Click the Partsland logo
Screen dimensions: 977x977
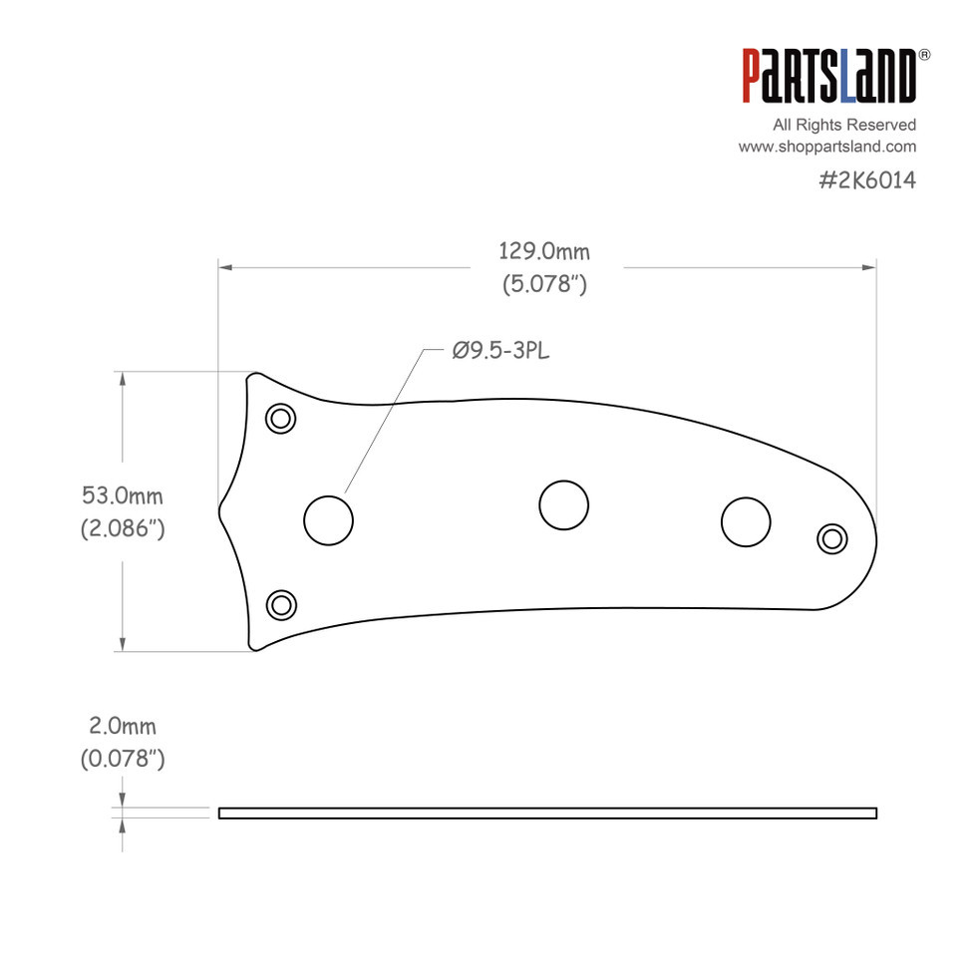point(828,77)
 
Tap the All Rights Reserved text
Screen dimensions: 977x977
point(844,125)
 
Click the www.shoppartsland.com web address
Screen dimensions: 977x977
point(826,147)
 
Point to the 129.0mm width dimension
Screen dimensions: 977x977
point(544,251)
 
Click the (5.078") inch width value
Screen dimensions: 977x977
point(544,284)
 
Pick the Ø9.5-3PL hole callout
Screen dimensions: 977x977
point(500,351)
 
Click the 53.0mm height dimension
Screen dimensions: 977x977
point(123,495)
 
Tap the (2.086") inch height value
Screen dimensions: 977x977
point(123,528)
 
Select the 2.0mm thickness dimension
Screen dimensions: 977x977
point(123,727)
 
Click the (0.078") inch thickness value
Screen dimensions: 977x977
point(123,760)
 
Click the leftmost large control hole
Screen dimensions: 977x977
point(328,520)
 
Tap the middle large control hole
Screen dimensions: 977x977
point(563,503)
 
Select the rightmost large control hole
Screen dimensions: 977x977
point(746,521)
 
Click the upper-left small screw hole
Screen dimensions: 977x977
point(281,418)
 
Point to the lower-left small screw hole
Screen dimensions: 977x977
point(281,604)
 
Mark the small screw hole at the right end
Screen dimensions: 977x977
point(830,538)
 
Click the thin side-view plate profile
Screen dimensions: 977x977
point(547,814)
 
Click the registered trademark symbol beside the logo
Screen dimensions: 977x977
point(924,55)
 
